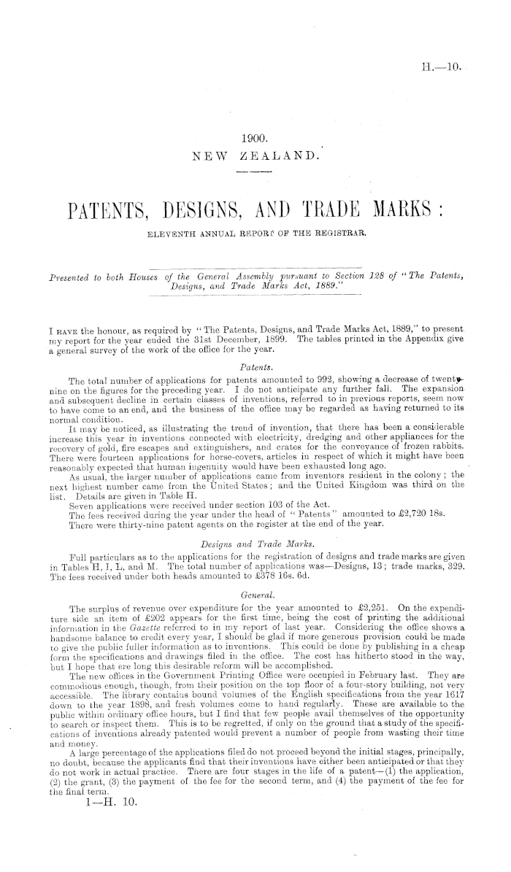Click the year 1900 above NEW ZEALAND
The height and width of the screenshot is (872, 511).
tap(255, 136)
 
